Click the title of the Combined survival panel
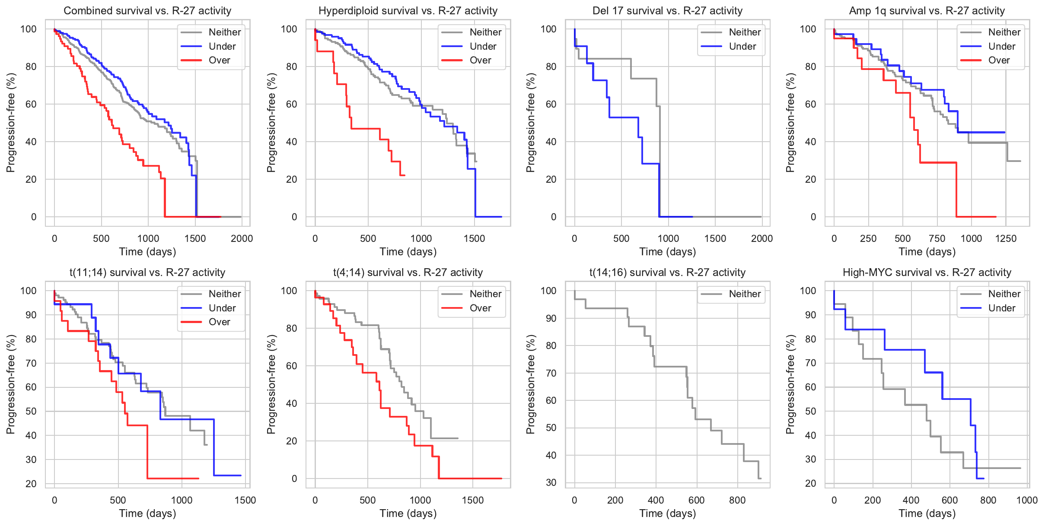(147, 11)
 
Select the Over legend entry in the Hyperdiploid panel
(480, 60)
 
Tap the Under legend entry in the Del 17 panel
(742, 47)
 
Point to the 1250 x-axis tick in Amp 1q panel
(1006, 238)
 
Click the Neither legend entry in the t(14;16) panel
(745, 294)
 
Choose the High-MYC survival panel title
(927, 273)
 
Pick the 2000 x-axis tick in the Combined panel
(242, 238)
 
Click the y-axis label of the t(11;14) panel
(11, 384)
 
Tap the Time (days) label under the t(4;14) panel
(408, 513)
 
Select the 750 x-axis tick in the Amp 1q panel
(937, 238)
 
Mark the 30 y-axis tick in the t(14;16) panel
(551, 482)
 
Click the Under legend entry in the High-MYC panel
(1001, 308)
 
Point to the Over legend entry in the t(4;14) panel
(480, 308)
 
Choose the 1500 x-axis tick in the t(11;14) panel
(245, 500)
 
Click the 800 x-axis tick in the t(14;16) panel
(737, 500)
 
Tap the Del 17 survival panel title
(667, 11)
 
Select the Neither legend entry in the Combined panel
(224, 32)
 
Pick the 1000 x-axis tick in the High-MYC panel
(1027, 500)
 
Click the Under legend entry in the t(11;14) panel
(222, 308)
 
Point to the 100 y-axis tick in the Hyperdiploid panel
(289, 29)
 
